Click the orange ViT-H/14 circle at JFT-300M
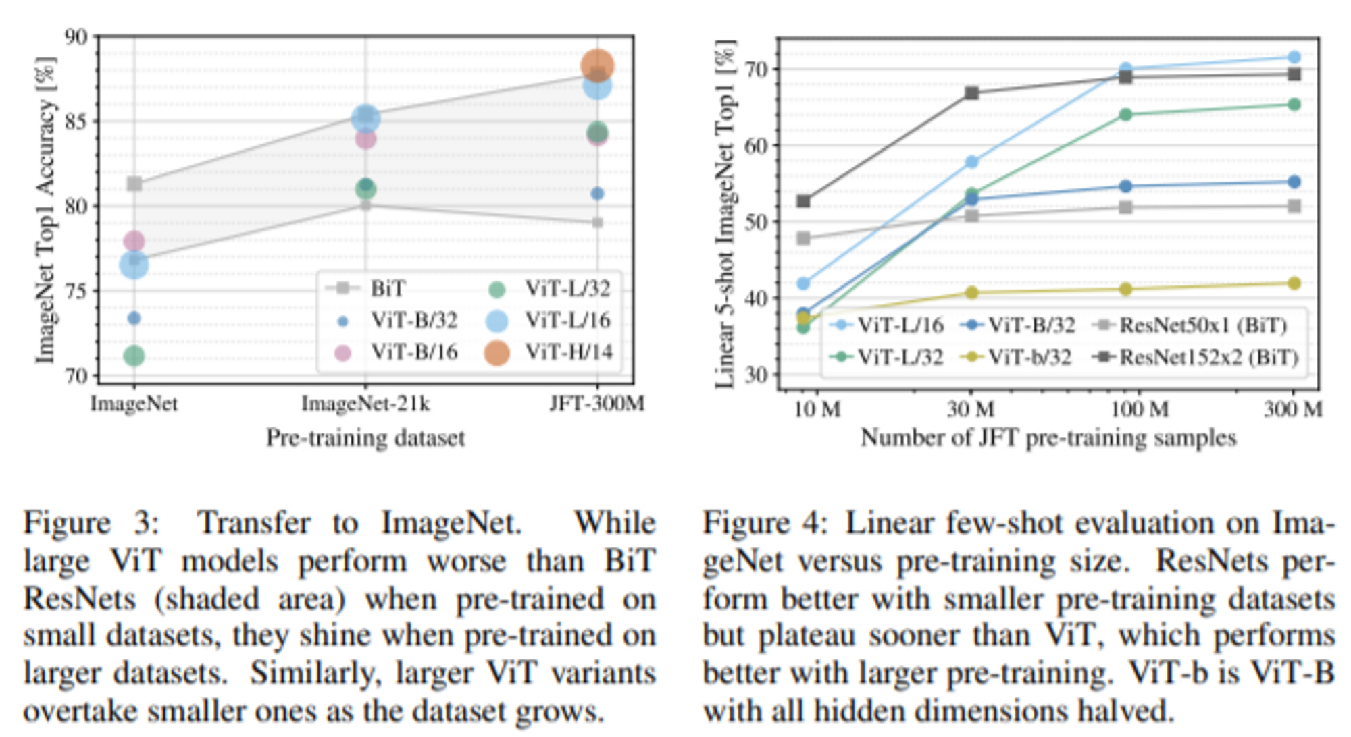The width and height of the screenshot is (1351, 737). [597, 66]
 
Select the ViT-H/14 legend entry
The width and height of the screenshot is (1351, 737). [549, 352]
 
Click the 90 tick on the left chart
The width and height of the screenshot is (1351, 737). [76, 36]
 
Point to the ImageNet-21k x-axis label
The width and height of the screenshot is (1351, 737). [365, 404]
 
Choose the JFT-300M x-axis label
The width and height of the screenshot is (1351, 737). [597, 404]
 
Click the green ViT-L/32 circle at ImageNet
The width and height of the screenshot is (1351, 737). [134, 356]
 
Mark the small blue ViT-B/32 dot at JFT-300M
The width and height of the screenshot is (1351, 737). [597, 194]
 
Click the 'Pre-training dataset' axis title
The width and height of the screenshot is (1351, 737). [365, 437]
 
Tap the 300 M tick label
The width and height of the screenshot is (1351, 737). [1293, 409]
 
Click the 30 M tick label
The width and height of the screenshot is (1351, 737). [971, 409]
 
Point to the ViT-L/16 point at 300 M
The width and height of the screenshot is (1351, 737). [1294, 57]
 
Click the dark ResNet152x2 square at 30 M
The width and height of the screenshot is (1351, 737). [971, 93]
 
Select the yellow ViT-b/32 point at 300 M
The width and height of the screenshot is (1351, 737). [1294, 283]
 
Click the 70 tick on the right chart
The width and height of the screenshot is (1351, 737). [755, 70]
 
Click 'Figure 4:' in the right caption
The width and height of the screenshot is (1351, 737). [765, 523]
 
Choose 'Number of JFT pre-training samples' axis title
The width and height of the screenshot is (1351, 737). [1048, 438]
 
